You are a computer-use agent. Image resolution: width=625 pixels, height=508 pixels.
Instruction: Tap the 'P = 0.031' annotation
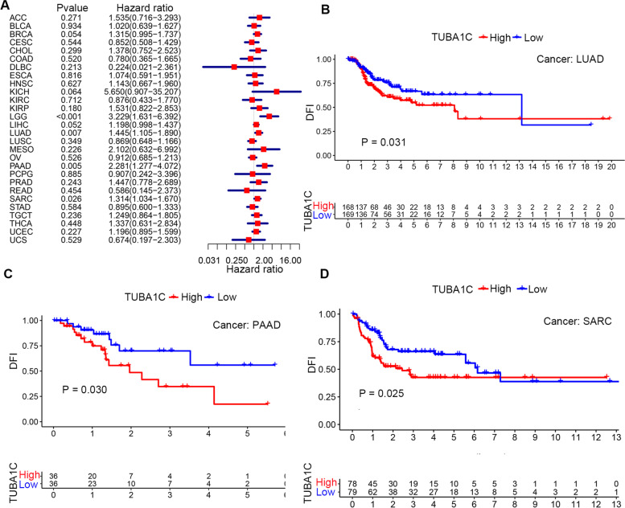pyautogui.click(x=379, y=143)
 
